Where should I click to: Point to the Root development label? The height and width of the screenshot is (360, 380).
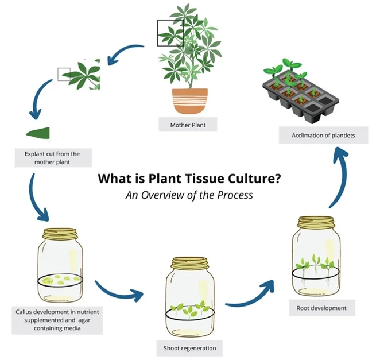coord(321,308)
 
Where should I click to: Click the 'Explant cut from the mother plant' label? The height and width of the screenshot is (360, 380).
coord(52,157)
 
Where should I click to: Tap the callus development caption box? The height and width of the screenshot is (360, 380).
coord(56,320)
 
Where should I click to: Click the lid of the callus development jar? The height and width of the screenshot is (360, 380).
coord(59,234)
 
